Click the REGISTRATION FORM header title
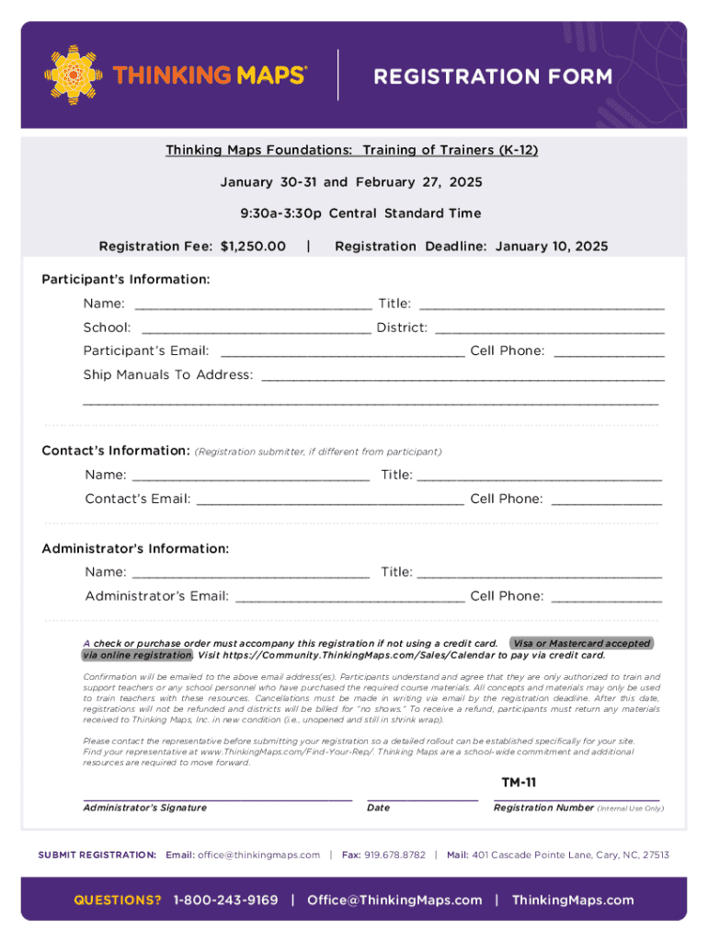[x=492, y=76]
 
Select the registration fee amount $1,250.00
[x=253, y=247]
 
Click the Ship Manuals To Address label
[x=168, y=374]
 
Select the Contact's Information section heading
[x=116, y=451]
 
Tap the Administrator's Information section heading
[x=135, y=548]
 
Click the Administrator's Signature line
[x=218, y=798]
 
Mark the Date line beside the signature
[x=422, y=798]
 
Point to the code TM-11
[x=519, y=783]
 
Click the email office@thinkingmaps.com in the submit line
[x=258, y=855]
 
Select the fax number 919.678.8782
[x=394, y=855]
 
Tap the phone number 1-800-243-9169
[x=225, y=900]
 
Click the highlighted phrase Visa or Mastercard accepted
[x=581, y=643]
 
